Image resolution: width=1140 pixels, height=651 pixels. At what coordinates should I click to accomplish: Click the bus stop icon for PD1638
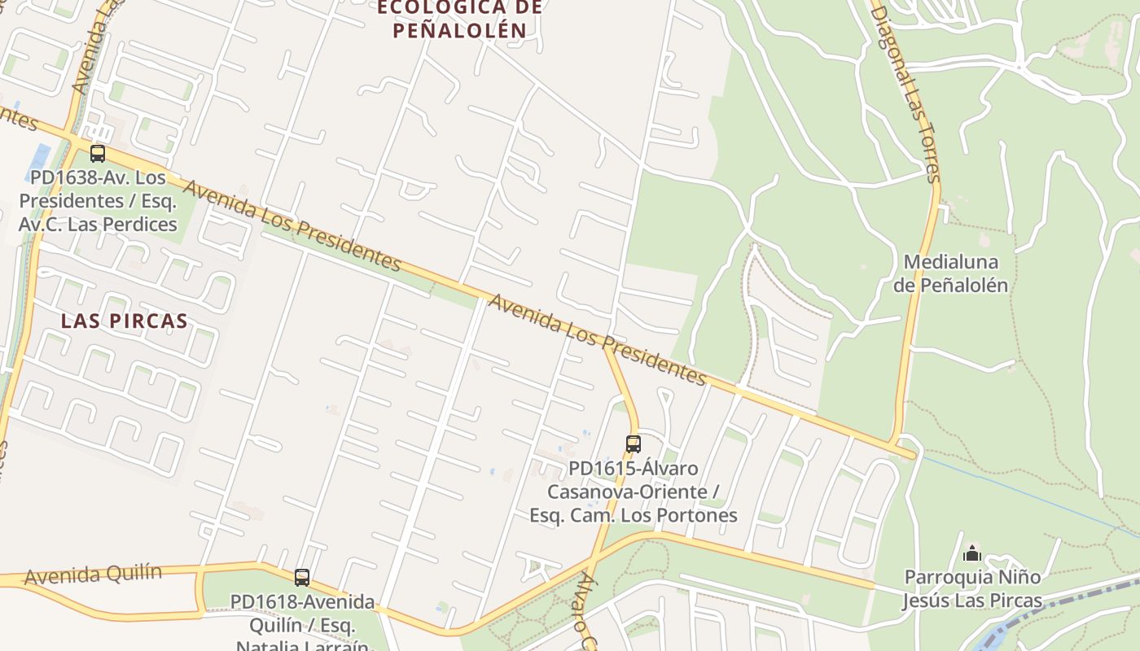click(x=98, y=153)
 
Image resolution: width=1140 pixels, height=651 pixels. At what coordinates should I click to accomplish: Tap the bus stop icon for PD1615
click(x=634, y=444)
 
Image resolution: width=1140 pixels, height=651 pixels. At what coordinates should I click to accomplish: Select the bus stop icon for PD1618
click(x=302, y=578)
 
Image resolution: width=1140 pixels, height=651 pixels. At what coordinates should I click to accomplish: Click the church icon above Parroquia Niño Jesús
click(x=971, y=554)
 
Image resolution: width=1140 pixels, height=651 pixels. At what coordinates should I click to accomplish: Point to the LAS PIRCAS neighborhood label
click(x=125, y=321)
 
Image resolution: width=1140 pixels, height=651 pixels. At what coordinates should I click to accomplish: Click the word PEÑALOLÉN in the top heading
click(x=459, y=31)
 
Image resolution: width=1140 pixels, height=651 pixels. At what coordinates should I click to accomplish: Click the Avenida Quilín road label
click(x=93, y=575)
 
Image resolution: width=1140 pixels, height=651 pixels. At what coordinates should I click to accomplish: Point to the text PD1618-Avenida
click(x=302, y=602)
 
